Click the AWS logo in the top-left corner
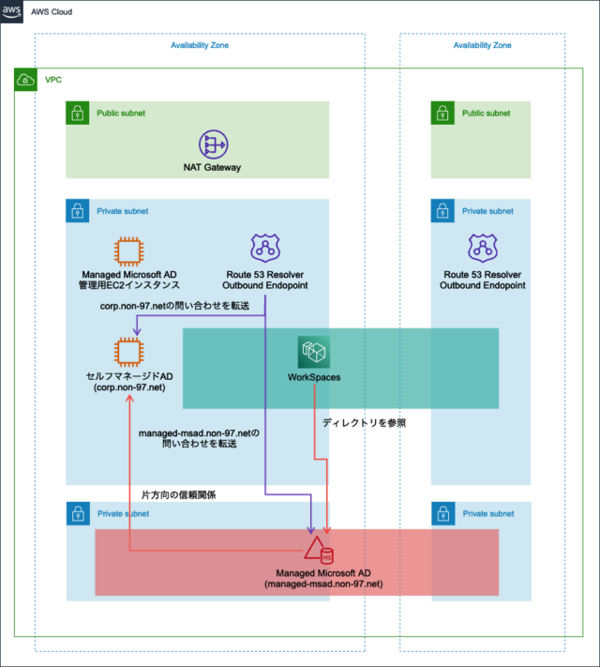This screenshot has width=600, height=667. tap(11, 11)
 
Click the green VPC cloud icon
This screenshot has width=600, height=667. tap(26, 81)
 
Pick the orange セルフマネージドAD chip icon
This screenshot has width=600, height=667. tap(128, 351)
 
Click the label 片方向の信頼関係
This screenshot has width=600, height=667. tap(178, 494)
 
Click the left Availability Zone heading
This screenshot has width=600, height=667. tap(199, 45)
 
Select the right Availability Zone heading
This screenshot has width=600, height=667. tap(482, 45)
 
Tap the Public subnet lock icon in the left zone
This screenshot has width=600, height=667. tap(77, 114)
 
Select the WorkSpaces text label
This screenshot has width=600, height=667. tap(313, 377)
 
